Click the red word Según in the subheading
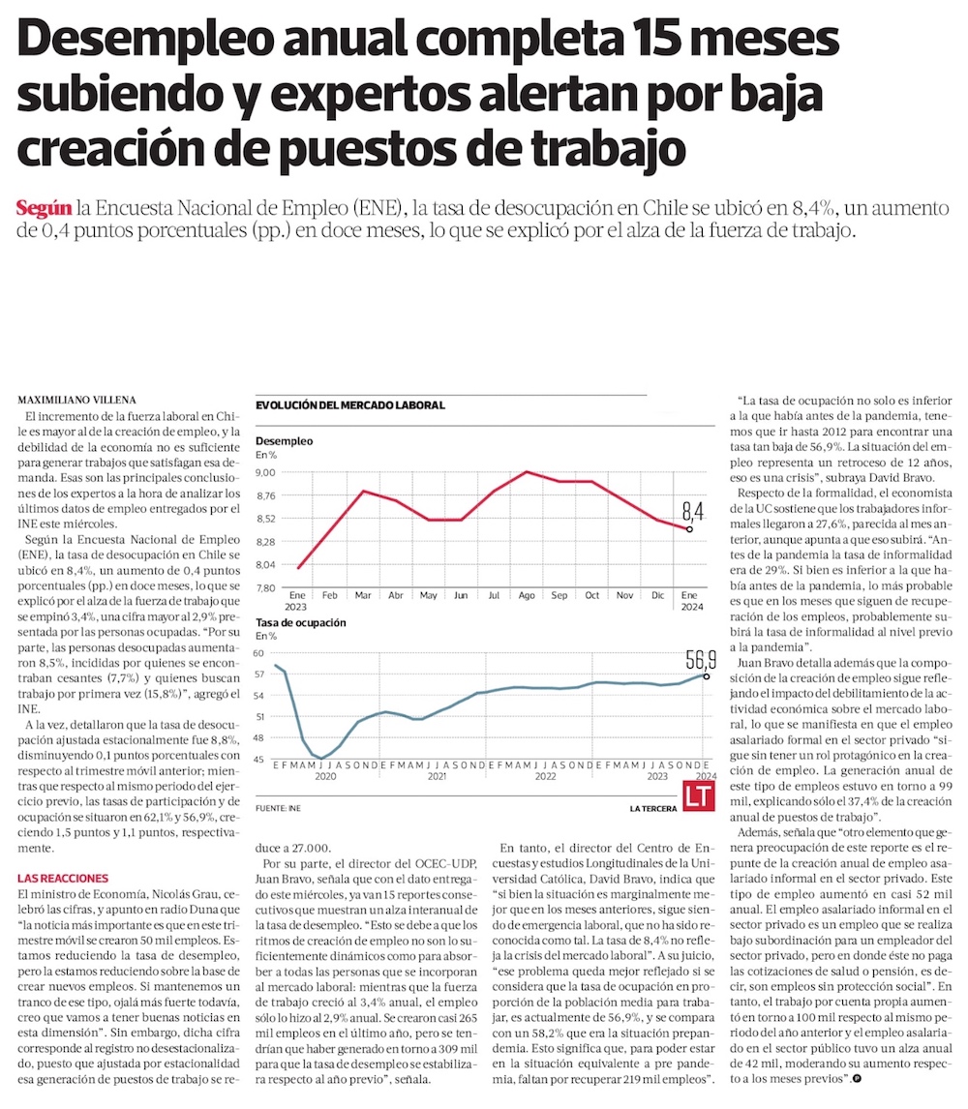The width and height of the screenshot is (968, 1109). pos(45,208)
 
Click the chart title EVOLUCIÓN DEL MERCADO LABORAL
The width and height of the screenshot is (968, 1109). pos(349,405)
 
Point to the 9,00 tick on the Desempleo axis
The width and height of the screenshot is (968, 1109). pos(266,472)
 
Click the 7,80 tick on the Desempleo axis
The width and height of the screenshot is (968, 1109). pos(266,587)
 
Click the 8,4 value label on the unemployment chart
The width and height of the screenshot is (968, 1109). pos(692,511)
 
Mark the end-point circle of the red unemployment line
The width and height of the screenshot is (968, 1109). pos(688,529)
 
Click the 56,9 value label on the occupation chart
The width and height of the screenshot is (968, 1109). pos(700,660)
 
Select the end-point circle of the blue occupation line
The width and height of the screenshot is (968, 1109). pos(707,675)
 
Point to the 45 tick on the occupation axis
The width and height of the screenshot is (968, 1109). pos(260,760)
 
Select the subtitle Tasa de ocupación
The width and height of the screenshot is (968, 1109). pos(301,622)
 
